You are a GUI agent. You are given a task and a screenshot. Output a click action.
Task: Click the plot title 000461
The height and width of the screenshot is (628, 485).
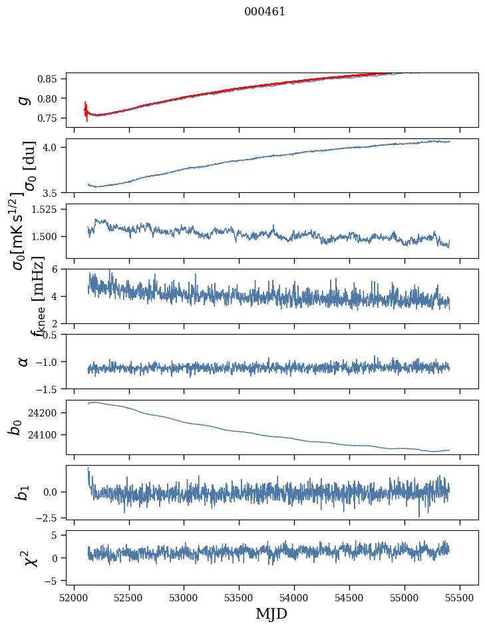265,12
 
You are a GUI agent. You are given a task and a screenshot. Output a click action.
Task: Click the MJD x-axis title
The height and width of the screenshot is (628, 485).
271,613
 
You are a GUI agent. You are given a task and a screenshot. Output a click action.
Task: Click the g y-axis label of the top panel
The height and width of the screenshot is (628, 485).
24,100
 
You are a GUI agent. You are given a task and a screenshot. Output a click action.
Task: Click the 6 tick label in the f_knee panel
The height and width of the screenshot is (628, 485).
59,269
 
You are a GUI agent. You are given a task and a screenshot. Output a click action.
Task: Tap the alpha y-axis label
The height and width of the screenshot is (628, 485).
24,361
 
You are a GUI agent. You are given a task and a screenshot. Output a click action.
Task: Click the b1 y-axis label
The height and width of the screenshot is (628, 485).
23,492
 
